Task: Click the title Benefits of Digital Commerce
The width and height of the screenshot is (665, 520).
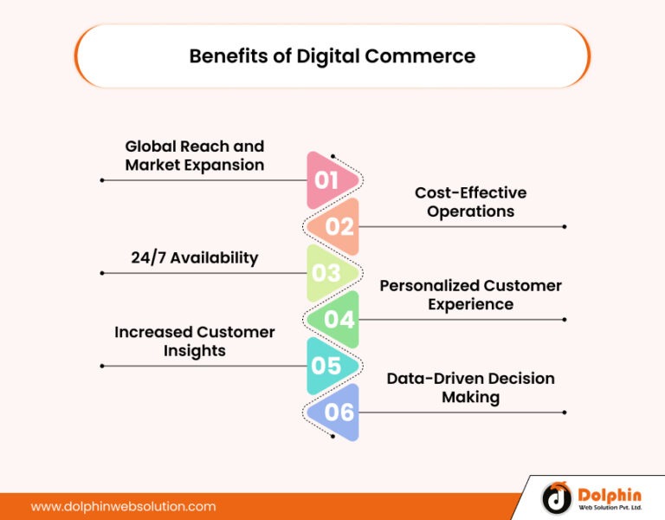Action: pos(332,56)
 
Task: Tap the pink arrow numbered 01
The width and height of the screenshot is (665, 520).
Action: pos(329,180)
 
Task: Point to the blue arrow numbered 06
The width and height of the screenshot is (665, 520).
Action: pos(338,412)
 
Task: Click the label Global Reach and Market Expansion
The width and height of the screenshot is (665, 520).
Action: pos(195,155)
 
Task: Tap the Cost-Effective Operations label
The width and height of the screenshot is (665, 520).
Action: pos(470,202)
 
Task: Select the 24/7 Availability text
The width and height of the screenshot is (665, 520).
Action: pos(195,257)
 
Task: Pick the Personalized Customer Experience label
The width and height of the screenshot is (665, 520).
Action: pos(470,295)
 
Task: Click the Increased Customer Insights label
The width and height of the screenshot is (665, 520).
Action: pos(195,341)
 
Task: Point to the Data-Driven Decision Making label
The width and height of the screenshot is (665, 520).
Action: pos(470,387)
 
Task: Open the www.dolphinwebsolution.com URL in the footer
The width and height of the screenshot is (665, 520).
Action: pos(124,506)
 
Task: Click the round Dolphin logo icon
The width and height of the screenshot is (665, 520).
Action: pos(557,497)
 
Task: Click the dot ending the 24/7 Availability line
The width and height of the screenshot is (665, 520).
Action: pos(102,273)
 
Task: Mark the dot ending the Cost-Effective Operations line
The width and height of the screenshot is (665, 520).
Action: pos(565,227)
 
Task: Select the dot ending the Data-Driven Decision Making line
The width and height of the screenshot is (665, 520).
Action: pos(565,412)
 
